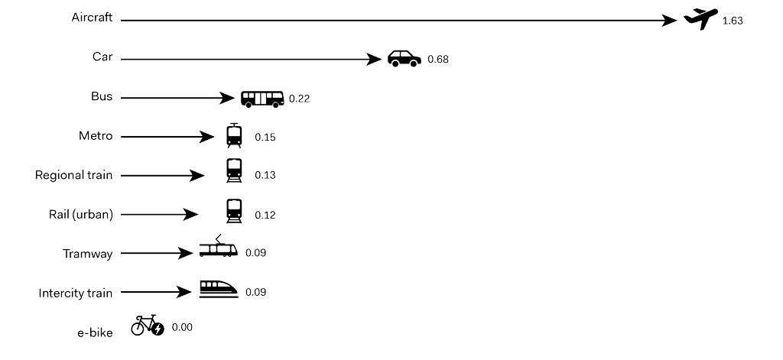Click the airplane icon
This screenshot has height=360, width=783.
(x=700, y=19)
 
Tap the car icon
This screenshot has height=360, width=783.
(x=404, y=58)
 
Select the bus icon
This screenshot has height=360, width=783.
(x=262, y=99)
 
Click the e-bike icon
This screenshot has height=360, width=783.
(x=148, y=325)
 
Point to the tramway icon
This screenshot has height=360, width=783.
(x=218, y=246)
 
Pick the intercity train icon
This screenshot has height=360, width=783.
(x=218, y=289)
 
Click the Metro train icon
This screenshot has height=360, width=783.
(x=234, y=135)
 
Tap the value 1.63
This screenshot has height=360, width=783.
(x=733, y=21)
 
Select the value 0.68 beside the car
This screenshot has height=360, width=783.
(x=438, y=60)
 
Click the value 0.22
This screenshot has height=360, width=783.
(x=299, y=99)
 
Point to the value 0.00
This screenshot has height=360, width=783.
(x=182, y=328)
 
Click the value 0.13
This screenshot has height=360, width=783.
(x=265, y=175)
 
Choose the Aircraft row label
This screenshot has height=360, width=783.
(x=92, y=18)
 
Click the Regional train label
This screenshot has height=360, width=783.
(x=74, y=175)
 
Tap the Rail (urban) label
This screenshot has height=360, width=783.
(x=81, y=215)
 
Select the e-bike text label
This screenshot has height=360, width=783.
(x=95, y=332)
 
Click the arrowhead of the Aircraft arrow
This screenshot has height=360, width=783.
(x=669, y=21)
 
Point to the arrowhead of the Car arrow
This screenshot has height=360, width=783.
(x=373, y=60)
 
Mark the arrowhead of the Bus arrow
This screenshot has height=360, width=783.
(x=226, y=98)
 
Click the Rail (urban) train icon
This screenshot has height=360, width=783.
(x=234, y=211)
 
